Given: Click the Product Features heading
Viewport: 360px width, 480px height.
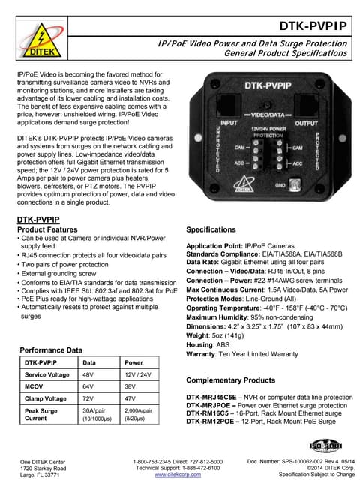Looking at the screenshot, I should click(x=47, y=229).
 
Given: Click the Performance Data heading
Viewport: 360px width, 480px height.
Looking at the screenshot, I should click(x=51, y=350).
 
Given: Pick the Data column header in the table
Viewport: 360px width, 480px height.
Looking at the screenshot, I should click(x=89, y=362).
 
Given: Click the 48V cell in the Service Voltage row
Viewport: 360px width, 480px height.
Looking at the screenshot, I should click(x=88, y=374).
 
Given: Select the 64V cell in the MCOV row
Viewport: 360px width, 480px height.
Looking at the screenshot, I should click(x=88, y=386).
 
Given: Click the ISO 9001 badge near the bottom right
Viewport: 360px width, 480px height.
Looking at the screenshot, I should click(x=325, y=444).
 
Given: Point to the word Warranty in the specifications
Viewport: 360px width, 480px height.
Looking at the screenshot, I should click(x=201, y=353).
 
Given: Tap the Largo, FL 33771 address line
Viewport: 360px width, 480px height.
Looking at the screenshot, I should click(x=40, y=475).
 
